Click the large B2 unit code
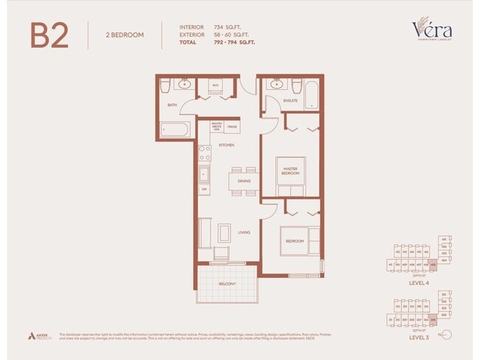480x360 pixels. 50,35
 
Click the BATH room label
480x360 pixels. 172,105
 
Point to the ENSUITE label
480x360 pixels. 290,100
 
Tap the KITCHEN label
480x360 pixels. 226,145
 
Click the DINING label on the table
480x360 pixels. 244,181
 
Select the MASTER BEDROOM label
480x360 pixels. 291,171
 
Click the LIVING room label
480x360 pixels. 244,232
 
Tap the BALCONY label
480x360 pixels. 227,283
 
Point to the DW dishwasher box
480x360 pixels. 203,190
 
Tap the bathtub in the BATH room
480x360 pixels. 174,131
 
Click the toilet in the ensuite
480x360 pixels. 296,84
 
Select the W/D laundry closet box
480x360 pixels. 216,86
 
